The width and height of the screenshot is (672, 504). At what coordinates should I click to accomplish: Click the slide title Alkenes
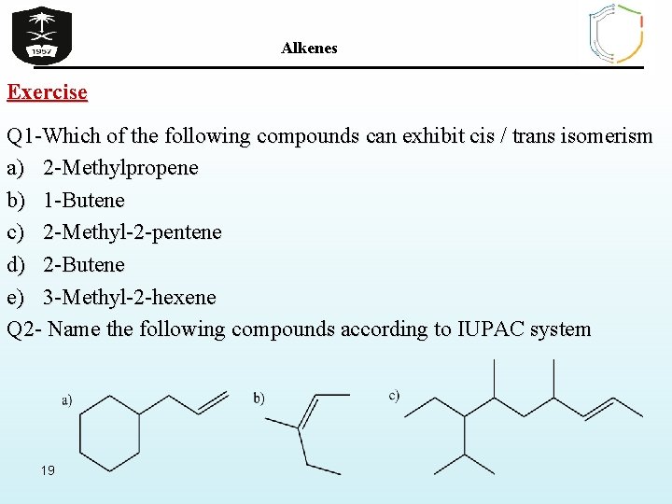[x=309, y=48]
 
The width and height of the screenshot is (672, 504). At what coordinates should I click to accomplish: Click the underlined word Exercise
[x=48, y=92]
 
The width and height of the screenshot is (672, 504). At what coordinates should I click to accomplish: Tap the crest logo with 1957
[x=41, y=35]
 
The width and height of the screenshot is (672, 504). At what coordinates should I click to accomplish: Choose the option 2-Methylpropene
[x=120, y=168]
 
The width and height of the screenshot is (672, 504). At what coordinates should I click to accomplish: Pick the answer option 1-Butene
[x=83, y=201]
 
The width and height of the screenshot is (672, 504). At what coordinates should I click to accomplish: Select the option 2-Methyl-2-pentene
[x=132, y=232]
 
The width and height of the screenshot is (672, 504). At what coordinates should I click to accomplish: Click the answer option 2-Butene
[x=83, y=265]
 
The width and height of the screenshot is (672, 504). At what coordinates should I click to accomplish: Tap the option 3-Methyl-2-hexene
[x=129, y=298]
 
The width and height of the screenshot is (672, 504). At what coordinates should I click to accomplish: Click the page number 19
[x=48, y=469]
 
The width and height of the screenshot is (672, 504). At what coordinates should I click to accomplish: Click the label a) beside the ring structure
[x=67, y=400]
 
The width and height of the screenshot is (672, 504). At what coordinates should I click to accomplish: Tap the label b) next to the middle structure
[x=259, y=399]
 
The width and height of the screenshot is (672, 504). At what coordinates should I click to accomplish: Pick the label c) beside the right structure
[x=395, y=395]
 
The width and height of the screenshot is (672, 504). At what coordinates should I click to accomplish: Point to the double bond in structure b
[x=308, y=412]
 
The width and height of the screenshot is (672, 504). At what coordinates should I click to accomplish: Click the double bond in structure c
[x=598, y=406]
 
